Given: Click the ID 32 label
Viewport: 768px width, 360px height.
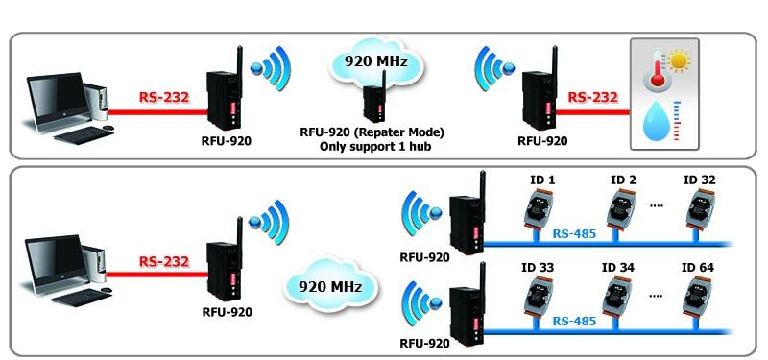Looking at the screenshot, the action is coord(700,180).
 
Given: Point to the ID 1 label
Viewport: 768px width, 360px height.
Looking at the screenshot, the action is coord(542,180).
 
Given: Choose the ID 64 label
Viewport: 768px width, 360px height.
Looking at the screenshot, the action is coord(698,268).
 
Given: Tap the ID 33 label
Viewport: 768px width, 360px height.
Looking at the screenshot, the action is coord(538,268).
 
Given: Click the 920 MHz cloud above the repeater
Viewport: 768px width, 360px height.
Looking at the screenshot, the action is coord(376,62).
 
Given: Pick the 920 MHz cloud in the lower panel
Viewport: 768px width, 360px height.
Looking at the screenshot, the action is coord(330,285).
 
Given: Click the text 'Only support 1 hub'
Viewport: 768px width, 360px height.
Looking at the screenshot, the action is coord(375,146).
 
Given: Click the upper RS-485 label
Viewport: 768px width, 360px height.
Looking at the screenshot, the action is coord(574,234).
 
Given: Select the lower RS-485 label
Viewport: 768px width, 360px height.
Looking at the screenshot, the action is coord(574,322).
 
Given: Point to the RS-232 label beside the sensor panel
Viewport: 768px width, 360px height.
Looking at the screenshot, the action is coord(592,97).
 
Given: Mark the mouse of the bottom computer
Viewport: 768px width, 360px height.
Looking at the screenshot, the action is coord(108,290).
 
